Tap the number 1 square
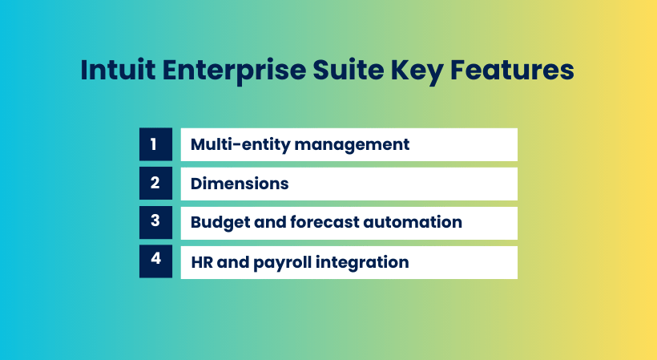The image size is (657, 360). point(155,144)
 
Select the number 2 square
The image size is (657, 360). point(155,184)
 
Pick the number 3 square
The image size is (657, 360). point(155,222)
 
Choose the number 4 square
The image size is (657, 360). point(155,262)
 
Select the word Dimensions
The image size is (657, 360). point(240,184)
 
